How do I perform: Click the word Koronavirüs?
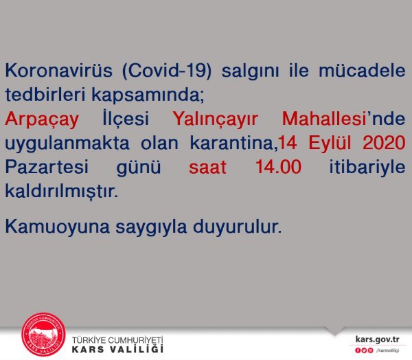pos(59,70)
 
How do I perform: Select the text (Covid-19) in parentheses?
pos(167,71)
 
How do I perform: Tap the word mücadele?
pos(362,70)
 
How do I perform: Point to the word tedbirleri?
pos(45,94)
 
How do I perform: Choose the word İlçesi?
pos(126,118)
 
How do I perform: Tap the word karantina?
pos(233,144)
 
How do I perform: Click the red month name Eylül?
pos(330,143)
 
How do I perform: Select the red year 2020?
pos(384,143)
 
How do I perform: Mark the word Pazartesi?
pos(47,167)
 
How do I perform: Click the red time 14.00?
pos(278,167)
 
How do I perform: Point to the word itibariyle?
pos(367,168)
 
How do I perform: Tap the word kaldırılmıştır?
pos(62,191)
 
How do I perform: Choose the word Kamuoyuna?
pos(57,227)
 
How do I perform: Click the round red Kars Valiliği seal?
pos(43,335)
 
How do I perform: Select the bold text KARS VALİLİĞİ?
pos(117,349)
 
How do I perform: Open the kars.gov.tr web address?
pos(377,339)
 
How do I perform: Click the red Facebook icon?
pos(358,350)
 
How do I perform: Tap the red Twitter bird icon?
pos(364,350)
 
